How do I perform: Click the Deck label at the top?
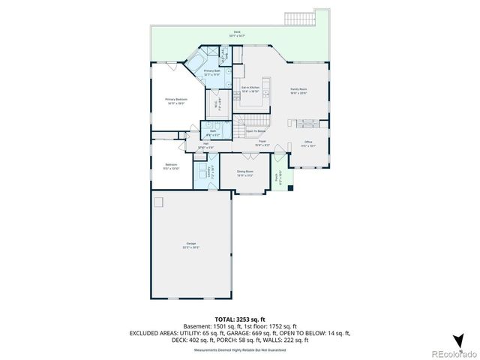[x=237, y=34]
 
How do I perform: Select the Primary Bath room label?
[x=211, y=73]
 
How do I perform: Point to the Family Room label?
[x=299, y=91]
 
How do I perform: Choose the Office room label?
[x=307, y=144]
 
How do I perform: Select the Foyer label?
[x=262, y=142]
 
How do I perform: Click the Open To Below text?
[x=256, y=131]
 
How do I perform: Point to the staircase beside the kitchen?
[x=257, y=119]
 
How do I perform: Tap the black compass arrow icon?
[x=460, y=339]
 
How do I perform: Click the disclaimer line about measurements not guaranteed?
[x=240, y=349]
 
